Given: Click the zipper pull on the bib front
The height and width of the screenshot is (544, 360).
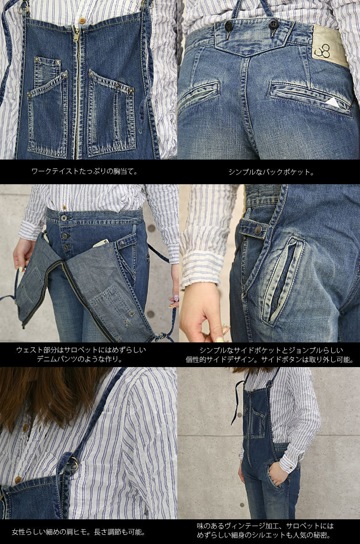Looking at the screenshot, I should [x=76, y=34].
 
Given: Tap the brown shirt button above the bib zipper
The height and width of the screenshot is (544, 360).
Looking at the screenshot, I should [x=82, y=21].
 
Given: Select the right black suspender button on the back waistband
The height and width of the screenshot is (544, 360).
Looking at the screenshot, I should [x=273, y=24].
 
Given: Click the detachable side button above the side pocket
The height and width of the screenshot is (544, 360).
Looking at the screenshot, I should [x=258, y=230].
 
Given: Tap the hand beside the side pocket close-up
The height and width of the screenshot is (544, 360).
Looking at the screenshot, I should [x=201, y=315].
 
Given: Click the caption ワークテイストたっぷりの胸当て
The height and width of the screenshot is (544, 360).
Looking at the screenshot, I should [x=85, y=172].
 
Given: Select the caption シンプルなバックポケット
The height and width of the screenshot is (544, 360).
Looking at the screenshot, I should [x=270, y=172].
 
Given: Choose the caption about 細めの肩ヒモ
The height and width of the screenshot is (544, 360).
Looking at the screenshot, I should [x=79, y=532].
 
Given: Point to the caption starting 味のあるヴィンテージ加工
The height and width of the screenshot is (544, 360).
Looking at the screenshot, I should [x=265, y=531].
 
